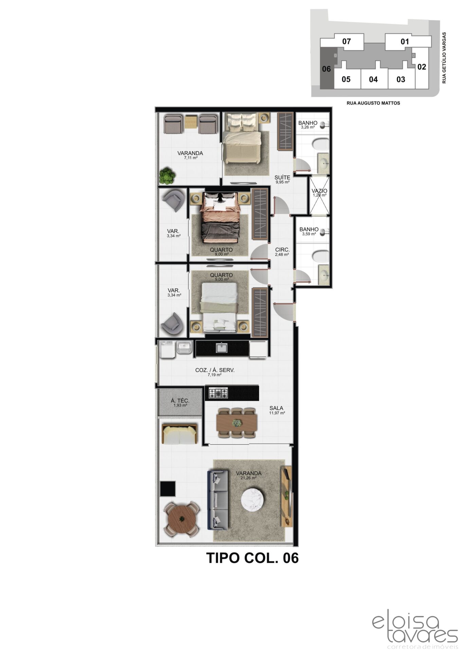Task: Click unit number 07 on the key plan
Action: [346, 42]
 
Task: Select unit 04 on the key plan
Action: [373, 79]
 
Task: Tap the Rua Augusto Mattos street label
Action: [373, 103]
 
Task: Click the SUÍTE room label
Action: [282, 179]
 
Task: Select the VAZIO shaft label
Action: [319, 193]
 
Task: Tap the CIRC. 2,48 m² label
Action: [282, 251]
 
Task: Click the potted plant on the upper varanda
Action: [167, 175]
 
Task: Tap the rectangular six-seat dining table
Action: [237, 423]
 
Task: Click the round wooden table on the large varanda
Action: [182, 519]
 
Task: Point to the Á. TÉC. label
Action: [180, 403]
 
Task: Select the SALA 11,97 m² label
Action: [277, 410]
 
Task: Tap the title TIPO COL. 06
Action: [253, 558]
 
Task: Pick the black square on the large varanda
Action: [168, 489]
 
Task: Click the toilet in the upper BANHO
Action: [320, 144]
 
